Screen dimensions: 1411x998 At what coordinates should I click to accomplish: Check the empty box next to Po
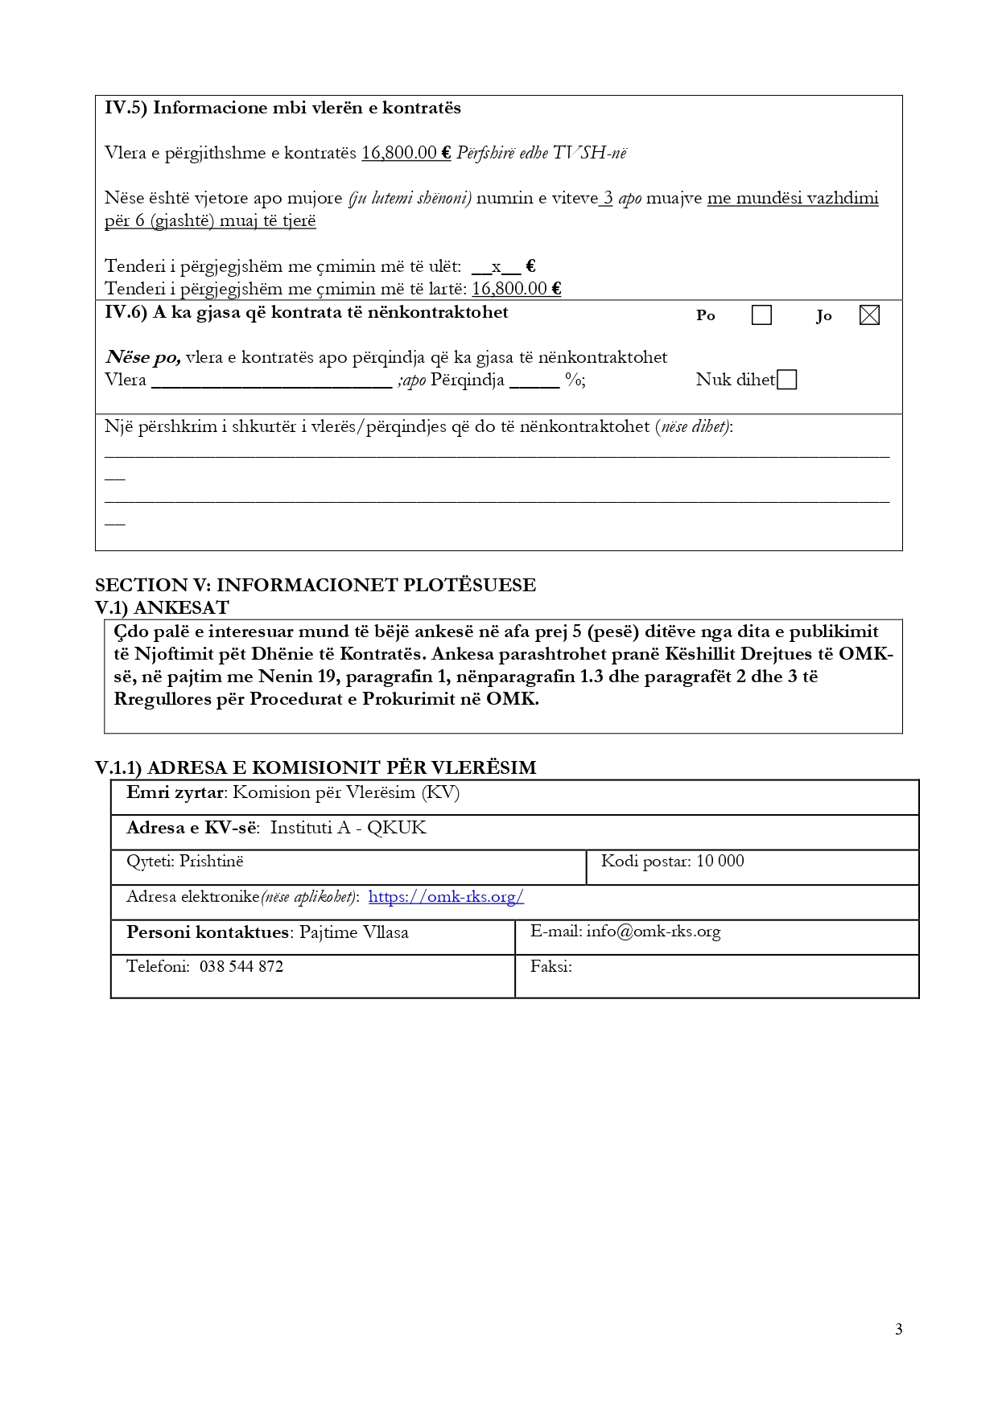pyautogui.click(x=761, y=315)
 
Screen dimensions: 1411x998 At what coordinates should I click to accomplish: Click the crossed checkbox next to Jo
pyautogui.click(x=869, y=315)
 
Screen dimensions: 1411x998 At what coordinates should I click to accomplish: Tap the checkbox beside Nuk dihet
pyautogui.click(x=787, y=380)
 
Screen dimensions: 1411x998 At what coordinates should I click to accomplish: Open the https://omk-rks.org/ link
pyautogui.click(x=446, y=897)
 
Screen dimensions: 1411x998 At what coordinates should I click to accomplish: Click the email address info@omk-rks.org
pyautogui.click(x=653, y=932)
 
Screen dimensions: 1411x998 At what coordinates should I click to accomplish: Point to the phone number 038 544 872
pyautogui.click(x=241, y=967)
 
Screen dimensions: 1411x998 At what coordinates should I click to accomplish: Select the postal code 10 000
pyautogui.click(x=720, y=862)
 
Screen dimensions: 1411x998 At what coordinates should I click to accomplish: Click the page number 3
pyautogui.click(x=898, y=1329)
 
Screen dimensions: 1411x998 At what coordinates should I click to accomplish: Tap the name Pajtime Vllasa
pyautogui.click(x=354, y=932)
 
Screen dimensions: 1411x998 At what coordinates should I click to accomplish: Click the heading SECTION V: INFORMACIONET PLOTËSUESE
pyautogui.click(x=315, y=585)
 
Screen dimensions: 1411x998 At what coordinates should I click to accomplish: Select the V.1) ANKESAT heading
pyautogui.click(x=162, y=607)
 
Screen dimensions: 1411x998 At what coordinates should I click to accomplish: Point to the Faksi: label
pyautogui.click(x=551, y=967)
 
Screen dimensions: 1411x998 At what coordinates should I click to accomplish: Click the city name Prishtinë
pyautogui.click(x=211, y=862)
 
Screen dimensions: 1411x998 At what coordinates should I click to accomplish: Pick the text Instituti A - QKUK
pyautogui.click(x=348, y=828)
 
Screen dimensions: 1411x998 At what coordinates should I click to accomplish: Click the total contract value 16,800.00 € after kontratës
pyautogui.click(x=406, y=153)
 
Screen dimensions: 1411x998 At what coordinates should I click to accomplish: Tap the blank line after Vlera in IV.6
pyautogui.click(x=271, y=381)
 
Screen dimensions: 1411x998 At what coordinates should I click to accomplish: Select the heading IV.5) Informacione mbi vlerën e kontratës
pyautogui.click(x=282, y=108)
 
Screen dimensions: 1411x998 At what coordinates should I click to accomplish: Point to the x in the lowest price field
pyautogui.click(x=497, y=266)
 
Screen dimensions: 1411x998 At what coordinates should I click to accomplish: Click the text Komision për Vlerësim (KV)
pyautogui.click(x=346, y=792)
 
